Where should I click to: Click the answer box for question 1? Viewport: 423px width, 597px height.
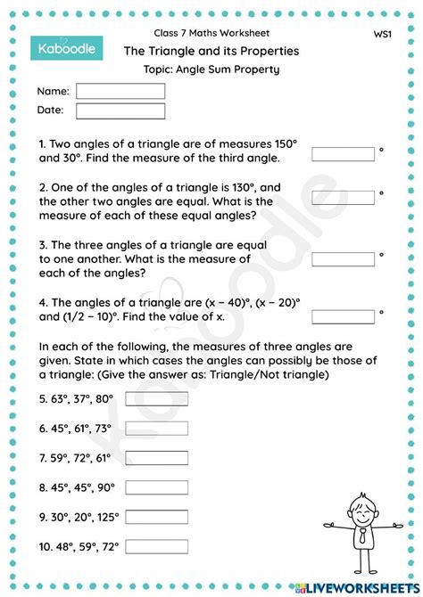(x=343, y=154)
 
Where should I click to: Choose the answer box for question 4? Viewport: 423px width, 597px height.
(x=343, y=316)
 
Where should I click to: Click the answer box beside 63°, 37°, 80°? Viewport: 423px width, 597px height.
(x=156, y=397)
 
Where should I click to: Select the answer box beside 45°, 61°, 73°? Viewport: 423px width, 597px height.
(x=156, y=428)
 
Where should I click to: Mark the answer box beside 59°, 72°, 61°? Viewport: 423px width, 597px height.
(x=156, y=457)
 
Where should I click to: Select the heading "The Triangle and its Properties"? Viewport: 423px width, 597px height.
(x=211, y=51)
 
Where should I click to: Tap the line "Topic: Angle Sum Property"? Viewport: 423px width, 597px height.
(x=211, y=70)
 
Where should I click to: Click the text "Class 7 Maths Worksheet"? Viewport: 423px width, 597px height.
(x=211, y=34)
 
